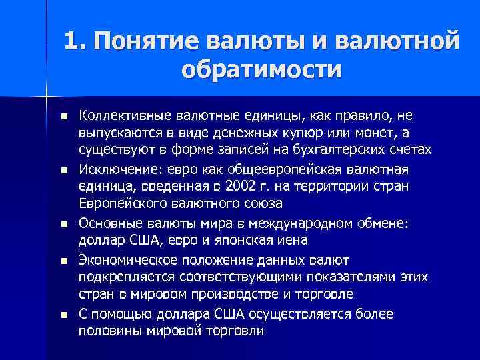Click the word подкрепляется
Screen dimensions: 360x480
(121, 277)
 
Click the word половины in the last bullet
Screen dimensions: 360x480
(108, 331)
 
